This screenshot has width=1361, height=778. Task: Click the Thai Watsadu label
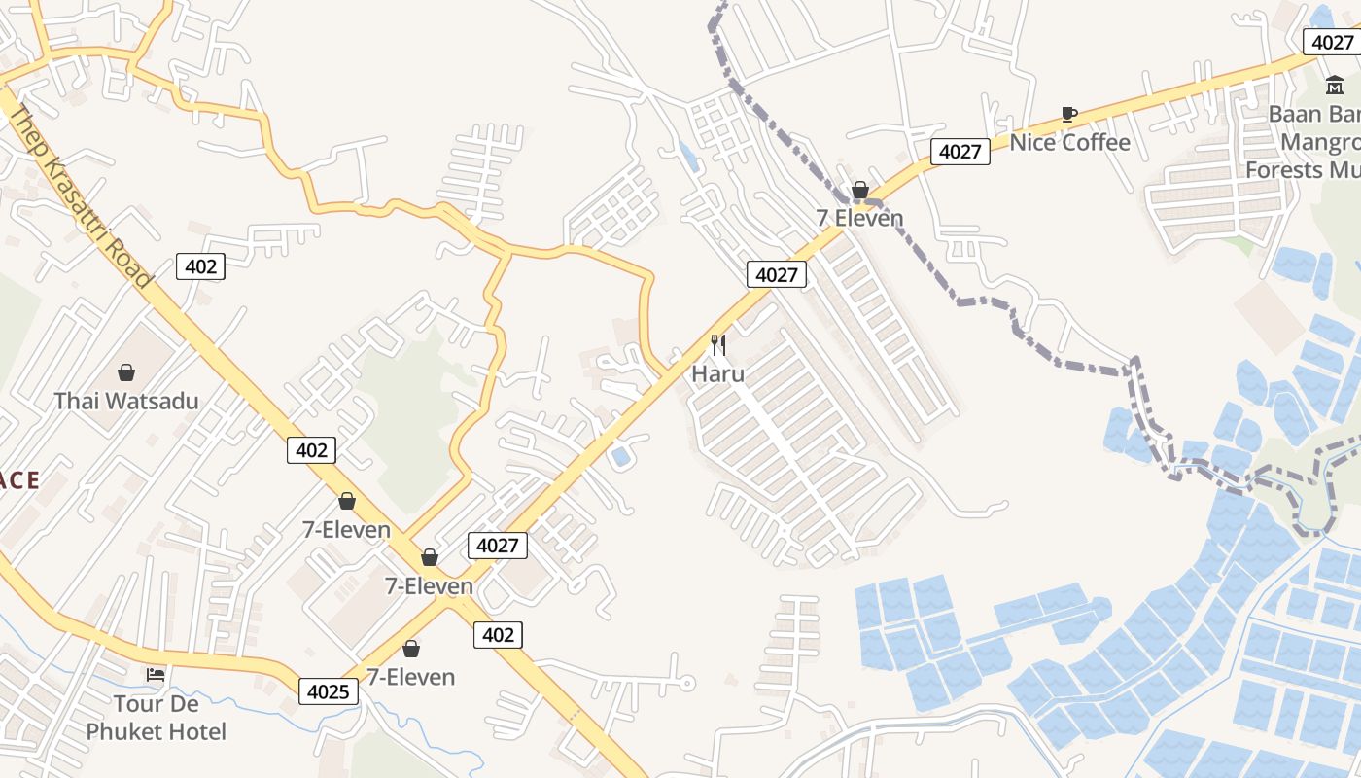pos(125,401)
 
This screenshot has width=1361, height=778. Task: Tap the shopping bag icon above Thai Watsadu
pos(126,372)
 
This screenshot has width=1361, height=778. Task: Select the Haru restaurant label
pos(718,373)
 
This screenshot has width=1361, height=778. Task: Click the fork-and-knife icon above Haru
pos(718,345)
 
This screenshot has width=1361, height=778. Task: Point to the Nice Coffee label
pos(1069,143)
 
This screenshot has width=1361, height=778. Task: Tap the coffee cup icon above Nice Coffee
pos(1069,115)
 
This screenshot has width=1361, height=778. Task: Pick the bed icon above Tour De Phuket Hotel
pos(156,675)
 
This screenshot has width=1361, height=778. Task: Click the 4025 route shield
pos(328,691)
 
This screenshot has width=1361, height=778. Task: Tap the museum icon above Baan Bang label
pos(1335,86)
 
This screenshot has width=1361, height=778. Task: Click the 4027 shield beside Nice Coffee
pos(960,152)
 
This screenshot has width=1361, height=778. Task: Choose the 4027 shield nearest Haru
pos(777,275)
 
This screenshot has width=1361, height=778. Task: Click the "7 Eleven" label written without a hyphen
pos(859,218)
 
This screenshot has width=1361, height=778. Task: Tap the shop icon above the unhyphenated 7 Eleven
pos(860,190)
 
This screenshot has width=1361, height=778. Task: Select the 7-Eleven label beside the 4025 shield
pos(410,677)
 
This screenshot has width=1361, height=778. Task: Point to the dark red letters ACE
pos(19,480)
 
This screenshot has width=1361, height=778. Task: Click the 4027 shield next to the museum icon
pos(1332,42)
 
